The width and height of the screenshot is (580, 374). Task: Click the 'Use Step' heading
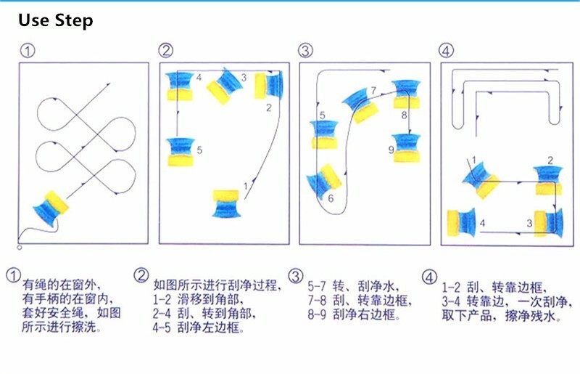[56, 20]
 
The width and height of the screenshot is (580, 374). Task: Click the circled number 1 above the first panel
[28, 51]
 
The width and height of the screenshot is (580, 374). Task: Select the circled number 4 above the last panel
[446, 50]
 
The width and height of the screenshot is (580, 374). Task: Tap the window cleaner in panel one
[51, 208]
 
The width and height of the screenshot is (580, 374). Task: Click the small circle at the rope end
[20, 247]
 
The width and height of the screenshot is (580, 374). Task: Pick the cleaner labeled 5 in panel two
[181, 152]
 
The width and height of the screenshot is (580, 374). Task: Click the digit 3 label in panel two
[244, 78]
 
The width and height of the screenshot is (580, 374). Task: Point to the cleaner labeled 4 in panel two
[180, 86]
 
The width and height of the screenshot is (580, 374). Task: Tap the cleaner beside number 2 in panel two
[268, 85]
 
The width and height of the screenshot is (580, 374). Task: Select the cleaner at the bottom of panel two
[226, 203]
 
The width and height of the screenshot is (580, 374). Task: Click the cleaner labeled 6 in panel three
[324, 181]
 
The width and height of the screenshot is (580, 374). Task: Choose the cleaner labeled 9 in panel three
[407, 148]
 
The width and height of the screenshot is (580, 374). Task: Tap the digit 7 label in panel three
[373, 90]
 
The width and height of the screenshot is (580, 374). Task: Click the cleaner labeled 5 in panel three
[324, 134]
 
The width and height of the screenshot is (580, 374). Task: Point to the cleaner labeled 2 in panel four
[549, 181]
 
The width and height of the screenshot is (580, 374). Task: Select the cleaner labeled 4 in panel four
[461, 222]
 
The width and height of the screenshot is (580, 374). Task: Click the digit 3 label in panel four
[529, 223]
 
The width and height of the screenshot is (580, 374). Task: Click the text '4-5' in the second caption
[162, 328]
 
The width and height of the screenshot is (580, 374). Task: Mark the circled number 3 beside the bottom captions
[296, 276]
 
